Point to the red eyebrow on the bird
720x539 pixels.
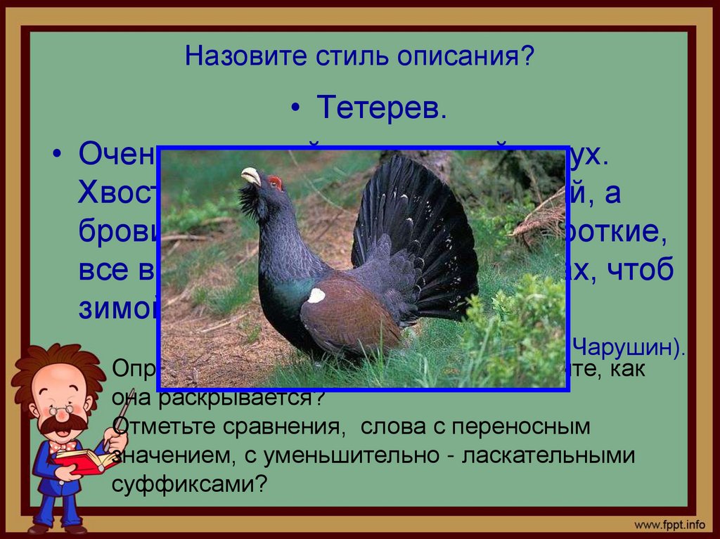[275, 183]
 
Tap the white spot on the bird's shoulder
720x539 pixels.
[316, 295]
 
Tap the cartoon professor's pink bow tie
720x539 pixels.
[62, 446]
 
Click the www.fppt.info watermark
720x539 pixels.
[669, 524]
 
